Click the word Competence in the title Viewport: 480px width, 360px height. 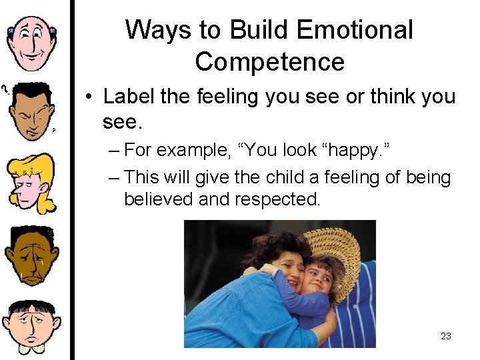pos(269,62)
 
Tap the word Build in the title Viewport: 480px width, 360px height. pos(250,30)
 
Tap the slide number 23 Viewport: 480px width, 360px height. pos(446,336)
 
